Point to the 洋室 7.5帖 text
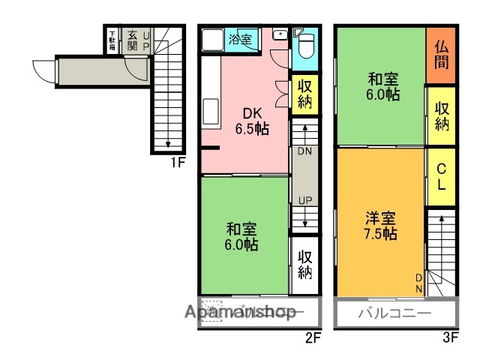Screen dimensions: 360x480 point(380,226)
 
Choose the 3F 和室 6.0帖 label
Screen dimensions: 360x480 point(382,87)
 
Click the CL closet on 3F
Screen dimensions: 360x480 point(441,176)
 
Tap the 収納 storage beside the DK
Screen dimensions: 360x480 point(304,94)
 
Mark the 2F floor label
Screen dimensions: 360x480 point(313,337)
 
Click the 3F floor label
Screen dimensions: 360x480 point(449,337)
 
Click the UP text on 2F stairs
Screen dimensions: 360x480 point(304,201)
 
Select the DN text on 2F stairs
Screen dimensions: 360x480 point(304,151)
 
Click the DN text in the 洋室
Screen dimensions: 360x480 point(418,283)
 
